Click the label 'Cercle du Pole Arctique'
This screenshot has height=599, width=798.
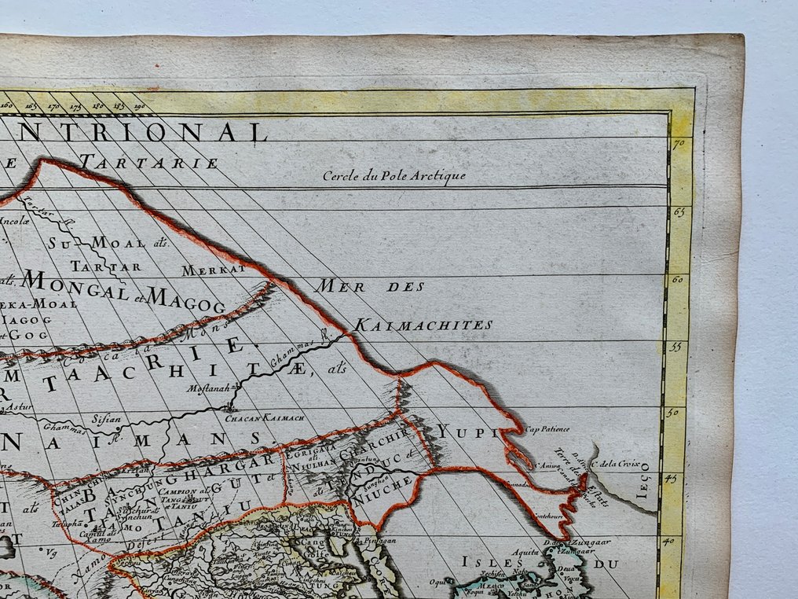pyautogui.click(x=394, y=175)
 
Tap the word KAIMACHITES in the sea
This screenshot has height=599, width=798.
pyautogui.click(x=423, y=324)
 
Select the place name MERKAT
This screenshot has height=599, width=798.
pyautogui.click(x=214, y=270)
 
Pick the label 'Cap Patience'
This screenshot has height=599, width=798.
pyautogui.click(x=548, y=429)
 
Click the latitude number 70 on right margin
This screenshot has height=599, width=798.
pyautogui.click(x=679, y=145)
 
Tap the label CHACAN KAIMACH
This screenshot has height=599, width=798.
pyautogui.click(x=254, y=417)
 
